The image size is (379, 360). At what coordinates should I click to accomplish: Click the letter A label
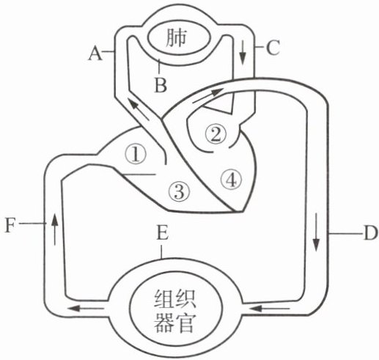click(95, 54)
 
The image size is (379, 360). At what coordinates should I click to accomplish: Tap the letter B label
click(161, 85)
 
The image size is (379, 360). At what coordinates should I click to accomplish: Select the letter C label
click(273, 47)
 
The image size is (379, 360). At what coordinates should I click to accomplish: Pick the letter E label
click(163, 232)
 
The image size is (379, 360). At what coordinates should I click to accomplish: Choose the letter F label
click(10, 225)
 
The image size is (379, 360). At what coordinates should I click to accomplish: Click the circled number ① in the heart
click(135, 155)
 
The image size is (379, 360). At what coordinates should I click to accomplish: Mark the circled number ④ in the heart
click(231, 180)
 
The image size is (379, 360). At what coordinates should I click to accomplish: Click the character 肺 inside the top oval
click(176, 38)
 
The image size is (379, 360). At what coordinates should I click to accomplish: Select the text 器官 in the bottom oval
click(175, 323)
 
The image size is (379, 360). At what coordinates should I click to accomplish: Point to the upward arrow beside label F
click(55, 229)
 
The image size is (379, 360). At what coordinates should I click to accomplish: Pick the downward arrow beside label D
click(317, 232)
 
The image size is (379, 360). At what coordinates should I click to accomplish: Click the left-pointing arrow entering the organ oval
click(269, 309)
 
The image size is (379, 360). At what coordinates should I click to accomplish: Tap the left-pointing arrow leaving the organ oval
click(86, 308)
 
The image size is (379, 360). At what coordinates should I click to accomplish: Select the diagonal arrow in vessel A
click(138, 109)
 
